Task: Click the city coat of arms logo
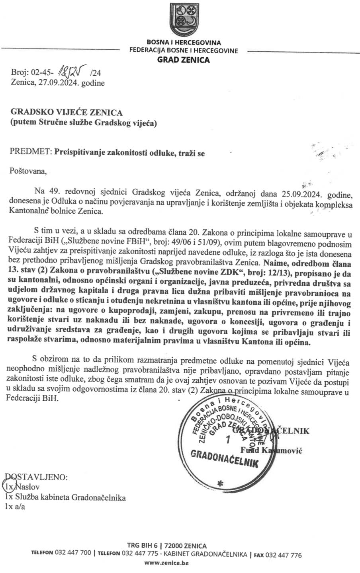(184, 19)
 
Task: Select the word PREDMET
(30, 153)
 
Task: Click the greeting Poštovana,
(28, 172)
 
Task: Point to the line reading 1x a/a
(15, 507)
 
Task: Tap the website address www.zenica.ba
(166, 563)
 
